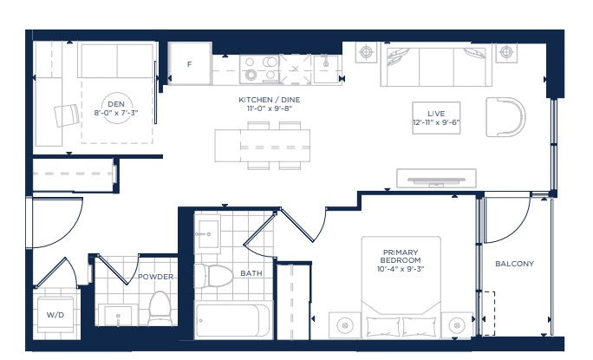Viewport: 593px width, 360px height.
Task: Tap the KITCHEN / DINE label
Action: point(270,100)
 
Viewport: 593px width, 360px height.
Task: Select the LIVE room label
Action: point(436,114)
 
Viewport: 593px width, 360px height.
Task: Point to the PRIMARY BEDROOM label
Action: point(401,256)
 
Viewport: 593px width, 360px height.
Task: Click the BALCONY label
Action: point(515,264)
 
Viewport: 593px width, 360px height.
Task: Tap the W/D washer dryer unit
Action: point(55,314)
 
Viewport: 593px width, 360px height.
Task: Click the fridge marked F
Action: point(190,64)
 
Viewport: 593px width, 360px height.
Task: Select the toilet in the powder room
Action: point(160,308)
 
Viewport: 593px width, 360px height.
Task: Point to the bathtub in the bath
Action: point(232,320)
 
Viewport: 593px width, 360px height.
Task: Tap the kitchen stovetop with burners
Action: point(259,69)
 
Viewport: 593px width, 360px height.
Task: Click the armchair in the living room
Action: point(505,116)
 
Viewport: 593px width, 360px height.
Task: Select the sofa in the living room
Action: point(436,67)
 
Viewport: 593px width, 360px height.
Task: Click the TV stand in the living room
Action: point(436,179)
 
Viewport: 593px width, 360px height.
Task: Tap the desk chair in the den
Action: point(67,115)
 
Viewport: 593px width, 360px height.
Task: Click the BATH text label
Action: point(251,273)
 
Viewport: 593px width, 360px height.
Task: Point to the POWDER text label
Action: point(155,277)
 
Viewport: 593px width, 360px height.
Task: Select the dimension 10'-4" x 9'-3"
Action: point(401,269)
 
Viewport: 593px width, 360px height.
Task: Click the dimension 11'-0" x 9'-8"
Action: point(270,108)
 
